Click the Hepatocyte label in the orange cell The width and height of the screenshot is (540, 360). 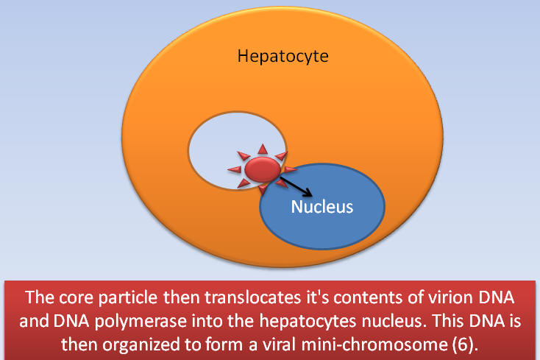click(x=283, y=56)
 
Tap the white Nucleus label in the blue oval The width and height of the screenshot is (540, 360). click(x=322, y=207)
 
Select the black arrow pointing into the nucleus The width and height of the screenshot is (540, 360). click(x=296, y=187)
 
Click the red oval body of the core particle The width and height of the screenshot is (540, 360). click(x=263, y=169)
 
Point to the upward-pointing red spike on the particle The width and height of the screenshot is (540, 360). click(x=263, y=149)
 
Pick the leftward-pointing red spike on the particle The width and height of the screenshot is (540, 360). click(x=235, y=169)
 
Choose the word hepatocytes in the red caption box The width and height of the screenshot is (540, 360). click(x=308, y=322)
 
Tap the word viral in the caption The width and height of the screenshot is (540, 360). click(x=280, y=345)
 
